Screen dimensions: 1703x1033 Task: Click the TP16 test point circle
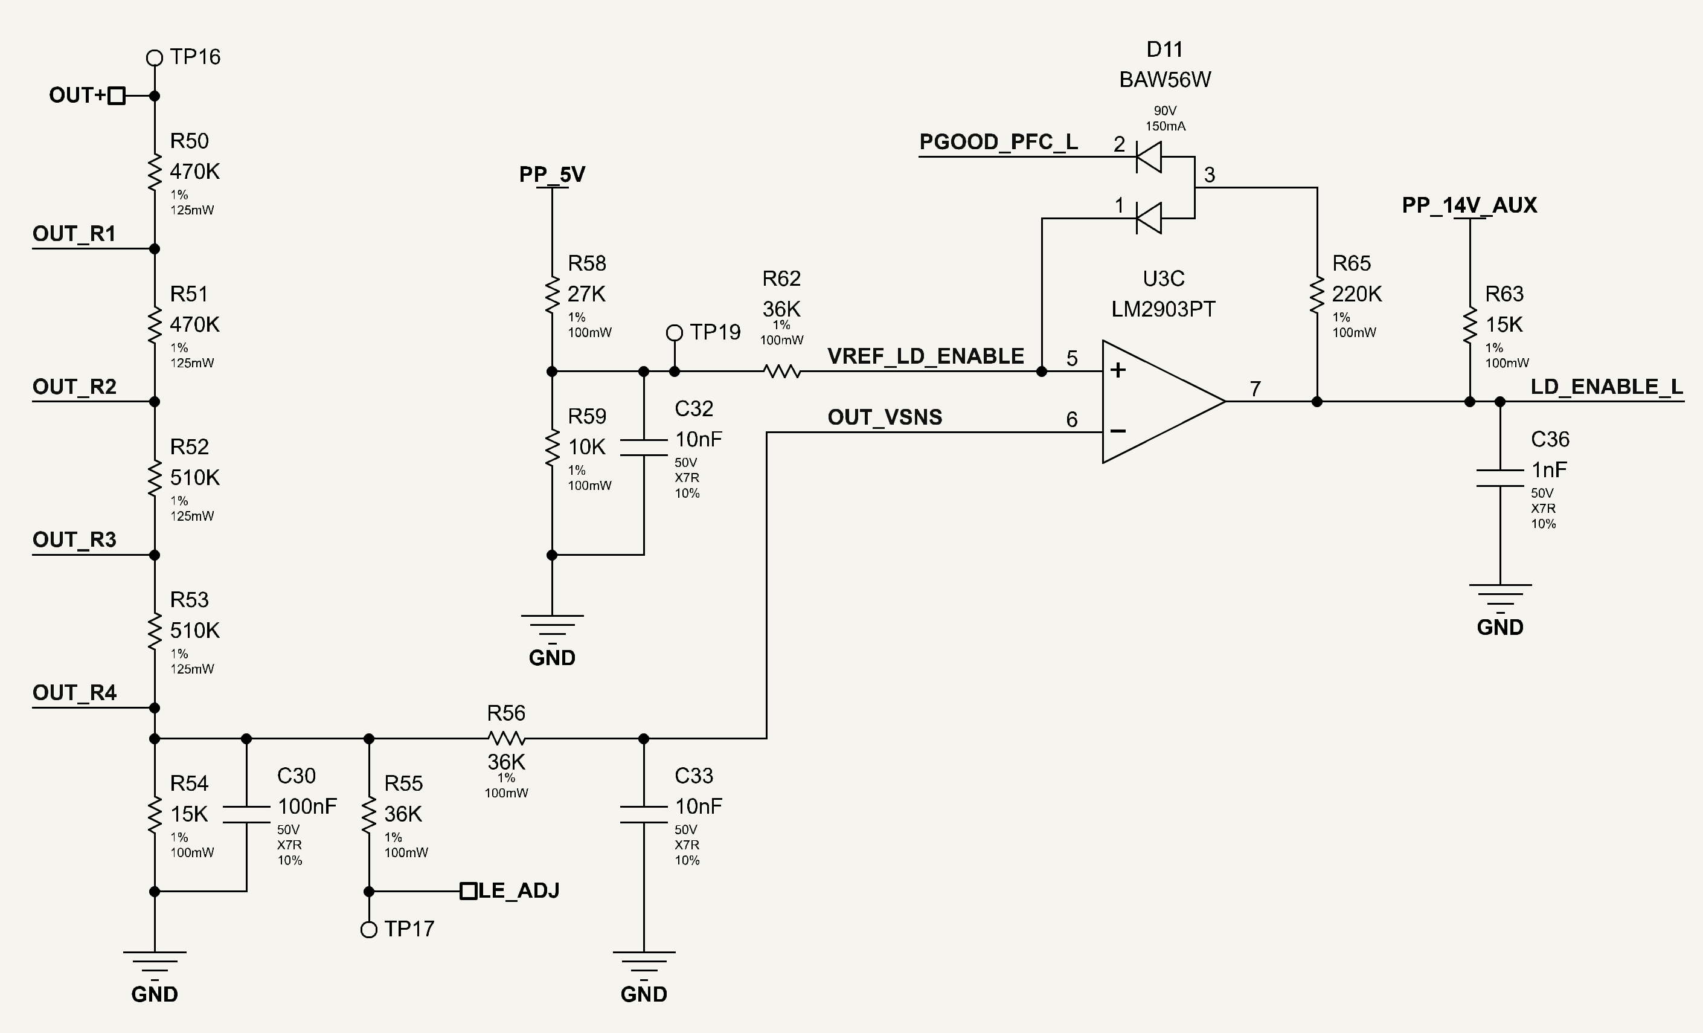(155, 57)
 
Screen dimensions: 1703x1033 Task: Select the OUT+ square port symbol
(117, 95)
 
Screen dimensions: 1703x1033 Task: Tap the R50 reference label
(190, 141)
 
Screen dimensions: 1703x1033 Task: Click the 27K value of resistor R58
(586, 294)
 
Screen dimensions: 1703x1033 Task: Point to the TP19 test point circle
(675, 333)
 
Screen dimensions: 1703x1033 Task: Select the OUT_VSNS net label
(885, 417)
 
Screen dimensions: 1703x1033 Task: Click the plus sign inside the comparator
(1118, 370)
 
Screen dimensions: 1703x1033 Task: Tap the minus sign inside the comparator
(1118, 431)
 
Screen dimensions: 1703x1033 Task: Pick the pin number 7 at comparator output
(1255, 388)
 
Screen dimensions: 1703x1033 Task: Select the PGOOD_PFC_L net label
(998, 142)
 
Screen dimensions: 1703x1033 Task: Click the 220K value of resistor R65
(1357, 294)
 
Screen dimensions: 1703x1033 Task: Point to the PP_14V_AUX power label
(1469, 205)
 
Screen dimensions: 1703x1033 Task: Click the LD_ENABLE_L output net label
(1607, 387)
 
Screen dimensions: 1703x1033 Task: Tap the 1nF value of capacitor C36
(1549, 470)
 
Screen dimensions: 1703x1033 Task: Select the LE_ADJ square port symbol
(469, 891)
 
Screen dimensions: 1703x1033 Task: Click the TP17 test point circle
(369, 930)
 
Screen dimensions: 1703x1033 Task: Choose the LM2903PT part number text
(1163, 309)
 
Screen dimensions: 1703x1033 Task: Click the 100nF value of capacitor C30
(307, 806)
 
